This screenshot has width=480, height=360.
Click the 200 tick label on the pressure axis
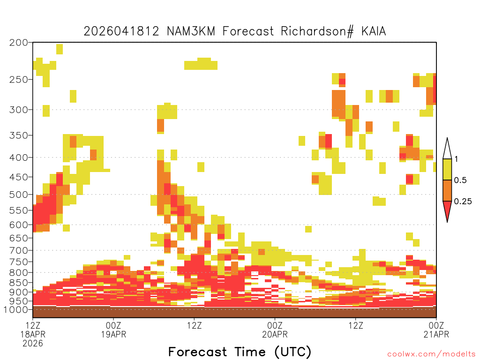pyautogui.click(x=19, y=43)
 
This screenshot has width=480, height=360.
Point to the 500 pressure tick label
pyautogui.click(x=19, y=195)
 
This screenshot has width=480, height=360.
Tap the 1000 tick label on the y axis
pyautogui.click(x=16, y=309)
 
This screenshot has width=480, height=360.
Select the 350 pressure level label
pyautogui.click(x=19, y=135)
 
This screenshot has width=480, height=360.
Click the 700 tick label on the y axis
pyautogui.click(x=19, y=250)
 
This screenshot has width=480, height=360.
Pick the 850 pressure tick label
pyautogui.click(x=19, y=283)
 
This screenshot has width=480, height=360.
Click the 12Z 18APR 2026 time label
pyautogui.click(x=33, y=334)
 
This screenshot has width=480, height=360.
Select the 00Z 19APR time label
pyautogui.click(x=113, y=330)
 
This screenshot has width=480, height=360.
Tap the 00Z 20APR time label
pyautogui.click(x=275, y=330)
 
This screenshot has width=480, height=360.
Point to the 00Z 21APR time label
pyautogui.click(x=436, y=330)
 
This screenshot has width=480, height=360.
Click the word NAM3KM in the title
pyautogui.click(x=191, y=31)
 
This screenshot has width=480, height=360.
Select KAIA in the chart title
pyautogui.click(x=374, y=31)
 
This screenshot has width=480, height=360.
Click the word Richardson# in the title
pyautogui.click(x=317, y=31)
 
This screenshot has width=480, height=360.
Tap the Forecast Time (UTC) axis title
pyautogui.click(x=240, y=352)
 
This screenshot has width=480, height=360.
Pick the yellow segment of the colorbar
pyautogui.click(x=447, y=169)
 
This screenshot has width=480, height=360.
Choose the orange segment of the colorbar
pyautogui.click(x=447, y=190)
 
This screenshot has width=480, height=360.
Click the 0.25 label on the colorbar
pyautogui.click(x=463, y=202)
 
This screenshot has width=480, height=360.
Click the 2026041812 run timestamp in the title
pyautogui.click(x=121, y=31)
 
